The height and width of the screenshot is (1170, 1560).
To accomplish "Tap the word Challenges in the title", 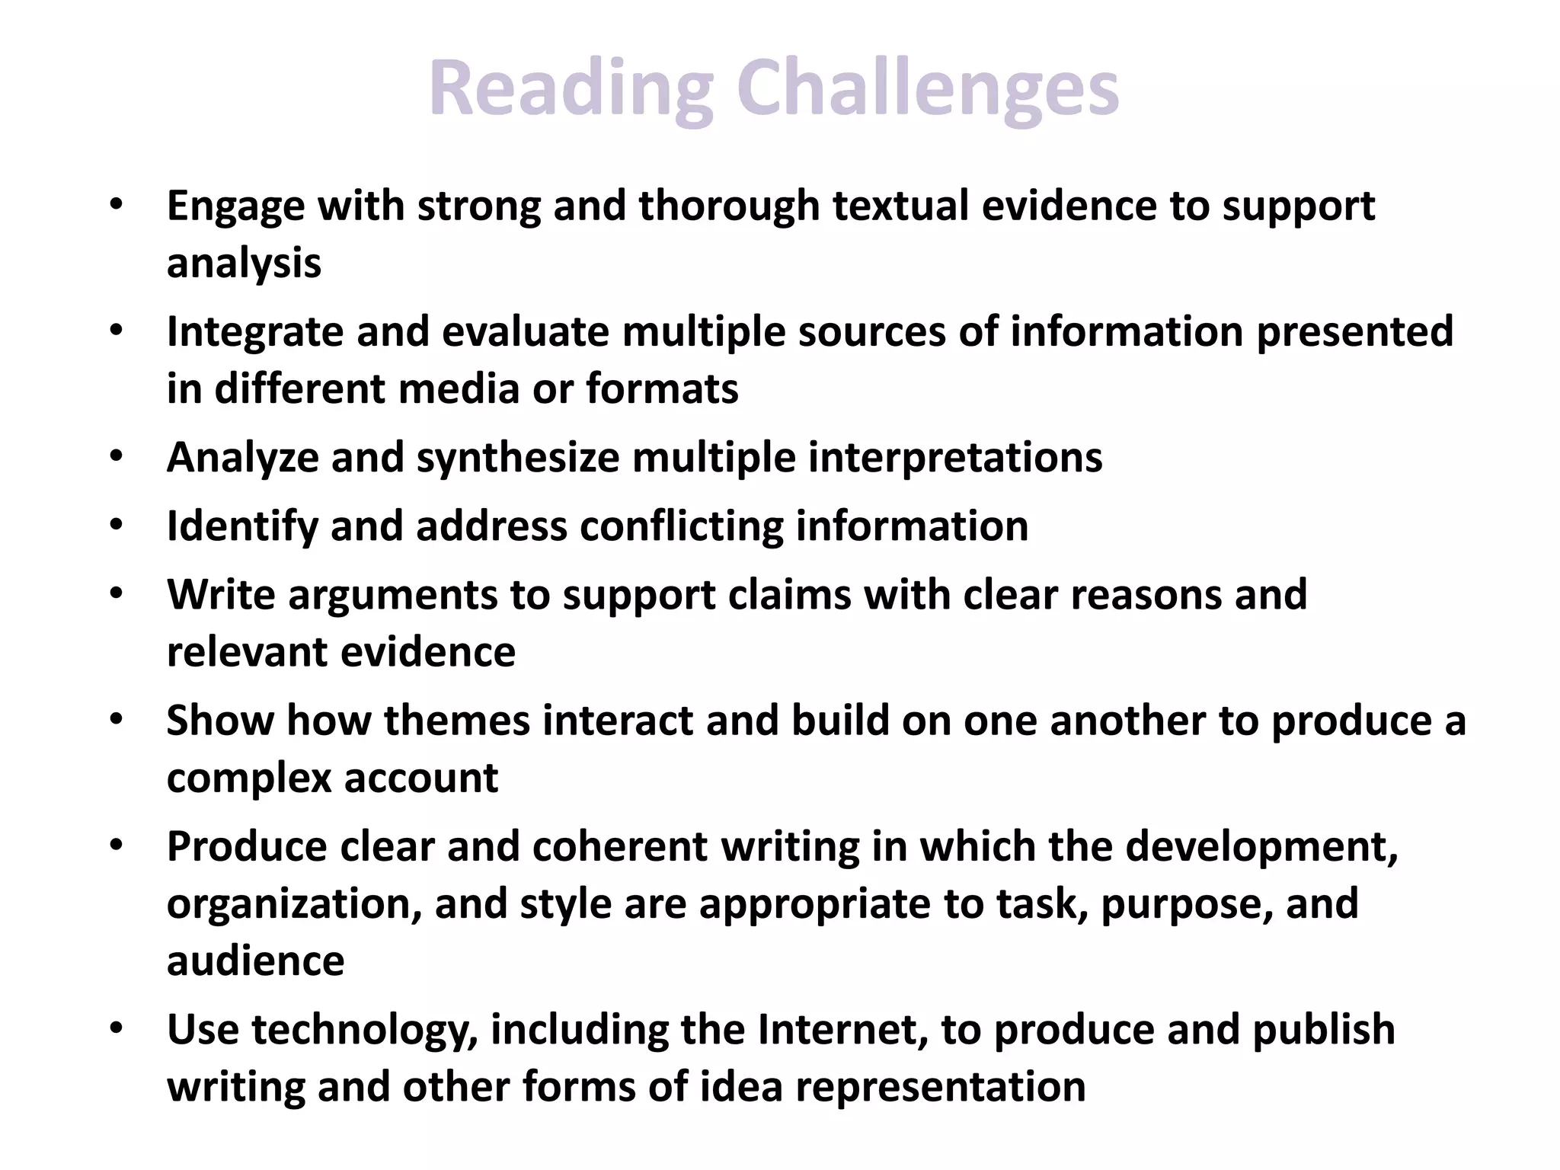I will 927,90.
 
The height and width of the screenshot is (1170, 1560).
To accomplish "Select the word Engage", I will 235,207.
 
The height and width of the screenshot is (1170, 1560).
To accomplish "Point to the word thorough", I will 729,206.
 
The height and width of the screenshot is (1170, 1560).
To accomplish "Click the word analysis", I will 244,264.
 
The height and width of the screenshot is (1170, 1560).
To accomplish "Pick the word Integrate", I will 255,332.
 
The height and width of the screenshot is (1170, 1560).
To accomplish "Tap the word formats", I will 662,388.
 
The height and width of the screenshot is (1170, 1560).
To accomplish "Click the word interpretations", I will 955,457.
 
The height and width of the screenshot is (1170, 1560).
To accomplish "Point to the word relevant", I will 247,652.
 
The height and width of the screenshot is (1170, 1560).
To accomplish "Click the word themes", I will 456,721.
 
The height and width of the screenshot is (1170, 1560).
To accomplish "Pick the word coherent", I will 620,846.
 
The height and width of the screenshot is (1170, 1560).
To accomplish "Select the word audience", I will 255,961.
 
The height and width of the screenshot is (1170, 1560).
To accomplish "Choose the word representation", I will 941,1086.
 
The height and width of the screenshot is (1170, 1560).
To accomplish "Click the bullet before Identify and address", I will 116,526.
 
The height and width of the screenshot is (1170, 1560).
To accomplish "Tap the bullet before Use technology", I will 116,1029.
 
